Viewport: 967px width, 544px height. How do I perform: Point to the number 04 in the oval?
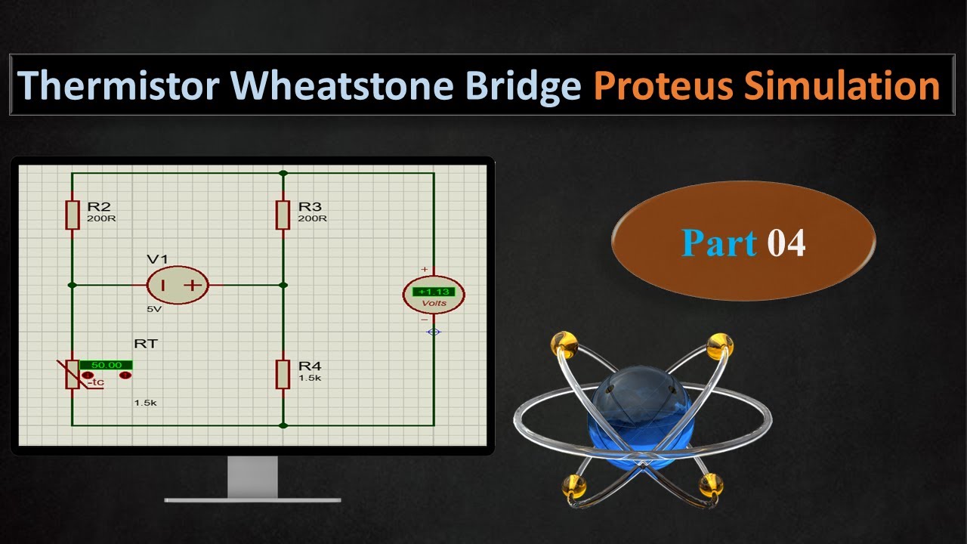pyautogui.click(x=786, y=243)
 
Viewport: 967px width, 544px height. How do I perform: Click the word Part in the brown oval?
pyautogui.click(x=718, y=243)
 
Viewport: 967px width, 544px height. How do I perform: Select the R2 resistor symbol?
pyautogui.click(x=72, y=215)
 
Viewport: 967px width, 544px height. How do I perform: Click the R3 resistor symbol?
pyautogui.click(x=283, y=215)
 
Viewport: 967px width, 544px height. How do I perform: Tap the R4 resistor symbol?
pyautogui.click(x=283, y=374)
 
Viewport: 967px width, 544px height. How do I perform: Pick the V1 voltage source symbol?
pyautogui.click(x=177, y=285)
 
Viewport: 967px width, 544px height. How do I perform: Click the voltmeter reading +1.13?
pyautogui.click(x=433, y=292)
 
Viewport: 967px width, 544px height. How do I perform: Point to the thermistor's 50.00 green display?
pyautogui.click(x=106, y=365)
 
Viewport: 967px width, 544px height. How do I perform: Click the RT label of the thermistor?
pyautogui.click(x=146, y=344)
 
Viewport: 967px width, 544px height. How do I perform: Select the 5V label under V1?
pyautogui.click(x=154, y=309)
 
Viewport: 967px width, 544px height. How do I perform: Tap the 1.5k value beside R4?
pyautogui.click(x=310, y=378)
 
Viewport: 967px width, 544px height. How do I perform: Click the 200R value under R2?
pyautogui.click(x=101, y=218)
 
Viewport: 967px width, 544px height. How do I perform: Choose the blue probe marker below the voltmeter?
pyautogui.click(x=433, y=332)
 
